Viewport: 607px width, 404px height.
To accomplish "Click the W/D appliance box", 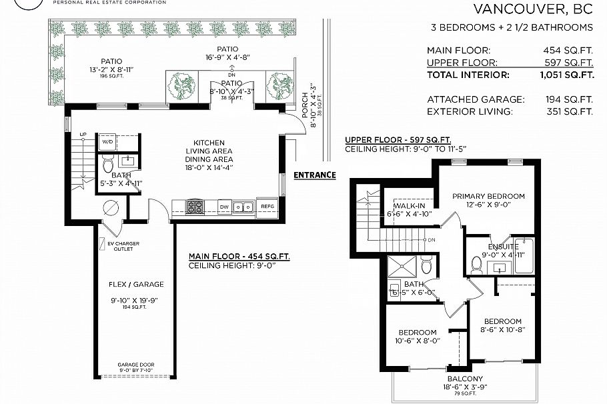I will [107, 142].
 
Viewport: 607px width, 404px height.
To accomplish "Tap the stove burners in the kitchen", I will [195, 207].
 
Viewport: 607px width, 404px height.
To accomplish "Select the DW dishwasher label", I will [225, 207].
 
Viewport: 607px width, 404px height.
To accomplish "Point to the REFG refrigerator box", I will [267, 207].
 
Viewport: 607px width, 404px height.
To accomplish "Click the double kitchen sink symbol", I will [245, 207].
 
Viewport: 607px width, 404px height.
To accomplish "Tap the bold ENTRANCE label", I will [315, 175].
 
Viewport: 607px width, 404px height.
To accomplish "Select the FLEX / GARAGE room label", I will [136, 284].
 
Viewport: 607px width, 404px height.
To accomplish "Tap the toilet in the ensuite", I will [476, 265].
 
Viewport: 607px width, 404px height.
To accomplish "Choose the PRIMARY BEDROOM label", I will [488, 196].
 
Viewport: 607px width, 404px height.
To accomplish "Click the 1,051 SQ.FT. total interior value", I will [569, 75].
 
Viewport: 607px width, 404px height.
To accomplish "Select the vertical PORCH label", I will [306, 103].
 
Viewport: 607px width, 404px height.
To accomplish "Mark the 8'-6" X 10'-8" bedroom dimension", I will [502, 329].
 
